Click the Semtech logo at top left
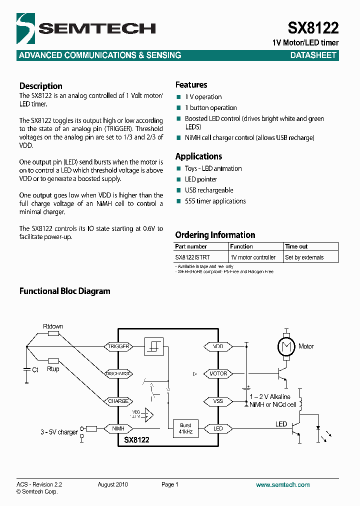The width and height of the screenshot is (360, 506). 85,29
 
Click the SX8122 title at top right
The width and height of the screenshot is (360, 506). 313,27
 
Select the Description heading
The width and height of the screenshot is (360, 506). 41,86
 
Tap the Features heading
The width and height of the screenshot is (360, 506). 191,85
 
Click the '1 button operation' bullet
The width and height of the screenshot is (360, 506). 210,108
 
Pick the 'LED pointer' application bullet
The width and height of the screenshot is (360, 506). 200,179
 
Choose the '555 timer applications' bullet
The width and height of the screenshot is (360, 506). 215,201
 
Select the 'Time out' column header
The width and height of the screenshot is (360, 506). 296,246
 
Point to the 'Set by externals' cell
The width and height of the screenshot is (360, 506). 304,257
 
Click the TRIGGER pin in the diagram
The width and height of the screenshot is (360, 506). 118,346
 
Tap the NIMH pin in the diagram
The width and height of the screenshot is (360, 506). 118,428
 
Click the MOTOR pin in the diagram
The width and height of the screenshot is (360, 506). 217,373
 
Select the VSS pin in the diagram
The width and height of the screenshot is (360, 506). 217,401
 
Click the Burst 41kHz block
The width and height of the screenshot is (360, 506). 185,428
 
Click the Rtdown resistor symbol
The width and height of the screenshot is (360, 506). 53,333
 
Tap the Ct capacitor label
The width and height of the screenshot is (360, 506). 35,370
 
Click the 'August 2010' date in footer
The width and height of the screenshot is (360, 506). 113,484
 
